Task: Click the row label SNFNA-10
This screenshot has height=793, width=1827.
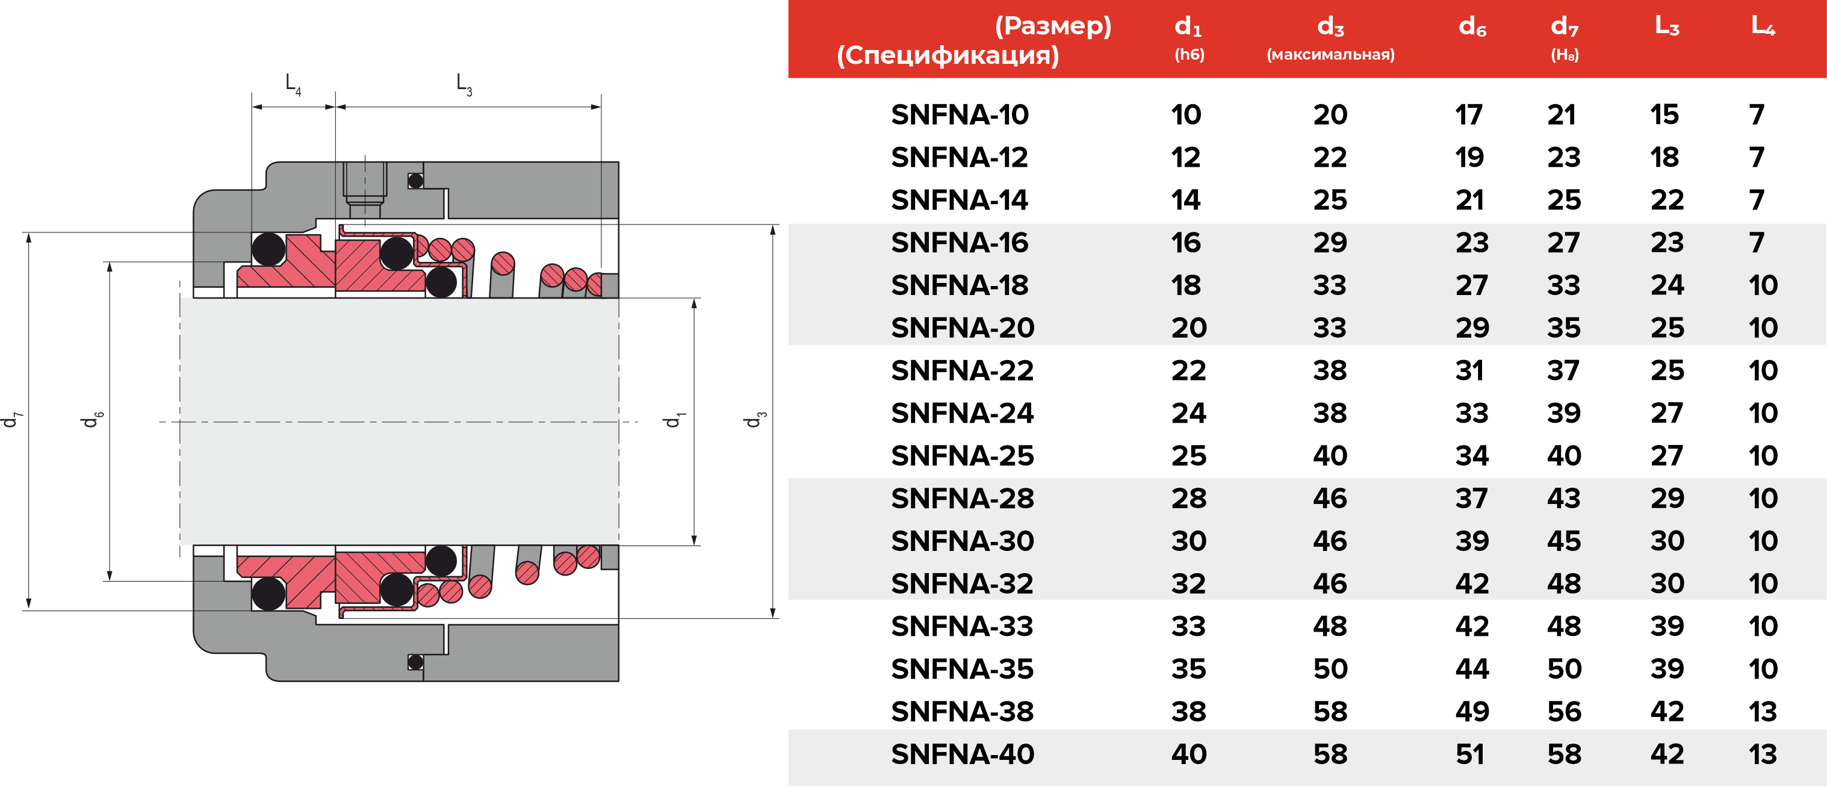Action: pos(959,115)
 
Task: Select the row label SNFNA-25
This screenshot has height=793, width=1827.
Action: pos(962,455)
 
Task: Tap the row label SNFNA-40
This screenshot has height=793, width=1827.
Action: pos(962,754)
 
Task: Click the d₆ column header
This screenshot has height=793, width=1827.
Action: pos(1472,27)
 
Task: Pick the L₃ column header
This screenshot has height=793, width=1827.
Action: pos(1667,27)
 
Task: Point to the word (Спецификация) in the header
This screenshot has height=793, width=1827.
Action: pos(948,55)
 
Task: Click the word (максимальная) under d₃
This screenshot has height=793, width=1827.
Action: pos(1330,55)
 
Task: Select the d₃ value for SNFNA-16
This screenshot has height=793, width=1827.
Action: pos(1330,243)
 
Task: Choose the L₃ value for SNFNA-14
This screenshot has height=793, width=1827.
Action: pos(1667,200)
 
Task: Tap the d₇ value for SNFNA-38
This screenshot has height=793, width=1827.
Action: pos(1564,712)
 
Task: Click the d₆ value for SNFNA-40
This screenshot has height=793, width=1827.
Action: pos(1470,754)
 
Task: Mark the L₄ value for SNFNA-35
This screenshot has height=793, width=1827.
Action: pos(1763,669)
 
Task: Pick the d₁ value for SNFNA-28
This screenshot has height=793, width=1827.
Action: pos(1189,498)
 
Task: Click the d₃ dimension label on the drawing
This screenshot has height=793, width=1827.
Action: pos(754,419)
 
